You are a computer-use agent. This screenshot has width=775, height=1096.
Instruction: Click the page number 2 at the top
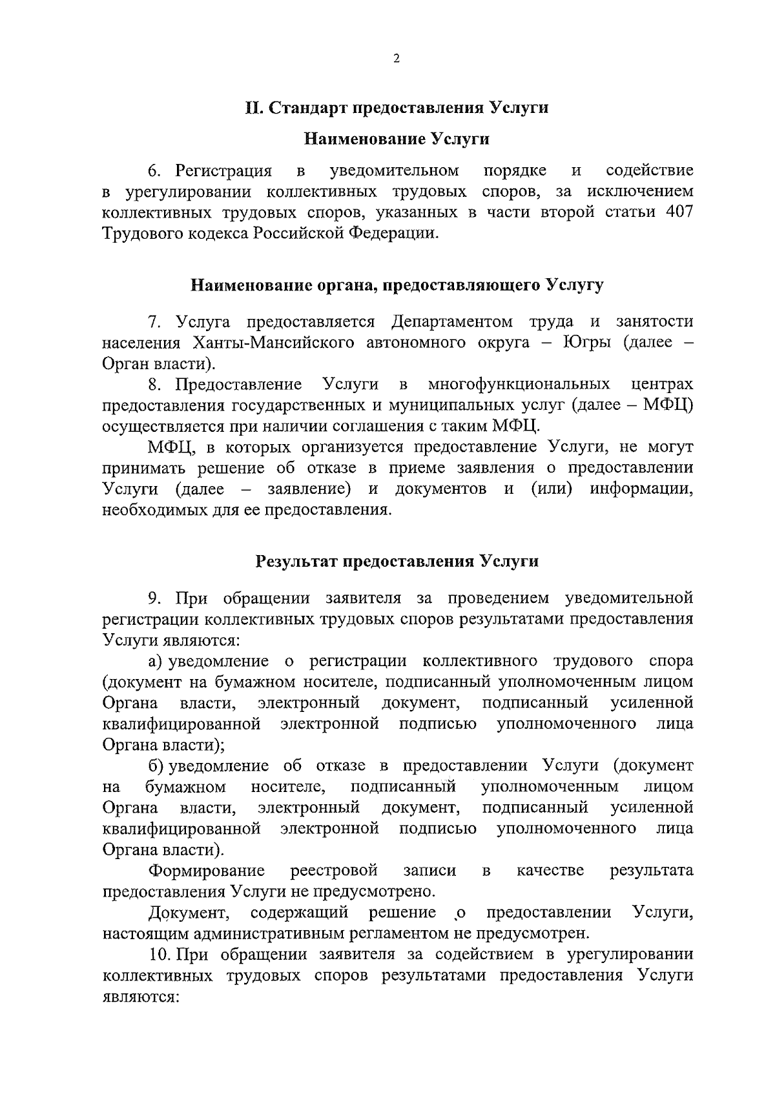397,59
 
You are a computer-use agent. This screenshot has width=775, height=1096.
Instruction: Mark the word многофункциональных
519,385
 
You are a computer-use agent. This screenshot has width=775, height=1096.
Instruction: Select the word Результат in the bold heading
293,561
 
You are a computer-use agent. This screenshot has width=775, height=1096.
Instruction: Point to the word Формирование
207,871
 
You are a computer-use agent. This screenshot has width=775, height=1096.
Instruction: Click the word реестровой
334,871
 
